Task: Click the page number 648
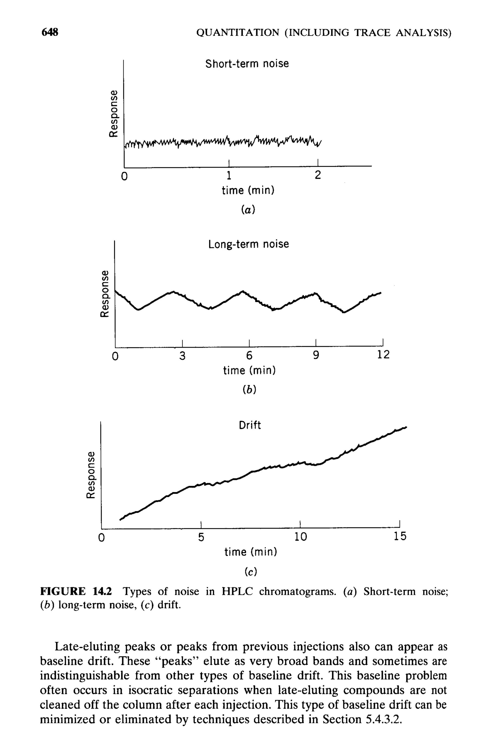[x=50, y=32]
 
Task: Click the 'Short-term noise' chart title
[x=247, y=64]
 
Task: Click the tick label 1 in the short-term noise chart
[x=229, y=176]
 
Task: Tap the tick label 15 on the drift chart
[x=400, y=536]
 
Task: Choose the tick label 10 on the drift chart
[x=300, y=536]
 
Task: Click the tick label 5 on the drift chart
[x=201, y=536]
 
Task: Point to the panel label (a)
[x=248, y=210]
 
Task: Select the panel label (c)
[x=250, y=572]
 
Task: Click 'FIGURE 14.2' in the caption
[x=76, y=591]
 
